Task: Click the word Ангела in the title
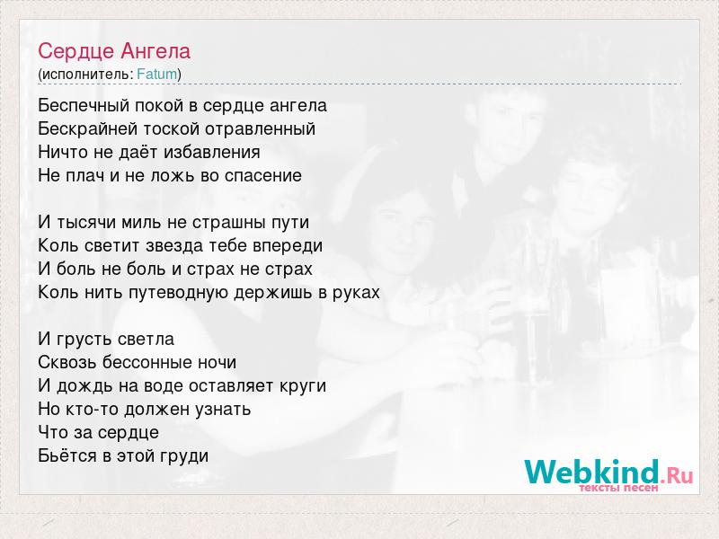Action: coord(155,51)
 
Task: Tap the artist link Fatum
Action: coord(157,75)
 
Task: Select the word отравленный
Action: coord(260,129)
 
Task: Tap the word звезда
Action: coord(174,245)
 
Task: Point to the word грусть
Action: coord(84,340)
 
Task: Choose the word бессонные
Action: coord(147,363)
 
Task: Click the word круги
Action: coord(303,386)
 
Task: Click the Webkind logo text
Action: coord(592,472)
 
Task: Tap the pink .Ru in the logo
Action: coord(677,475)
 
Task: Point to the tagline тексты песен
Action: coord(618,488)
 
